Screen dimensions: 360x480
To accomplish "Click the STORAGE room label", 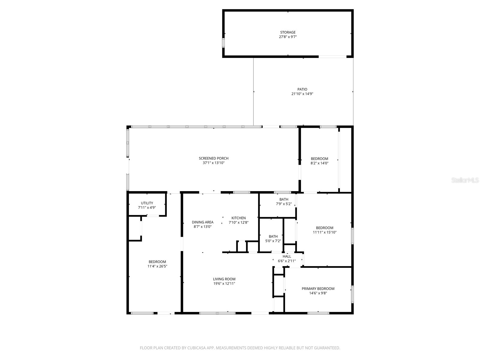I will pyautogui.click(x=288, y=32).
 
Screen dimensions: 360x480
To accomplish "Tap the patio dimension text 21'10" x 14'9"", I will pyautogui.click(x=302, y=94).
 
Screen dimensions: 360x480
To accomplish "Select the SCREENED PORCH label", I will pyautogui.click(x=214, y=158).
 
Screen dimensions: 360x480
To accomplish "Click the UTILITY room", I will pyautogui.click(x=147, y=205).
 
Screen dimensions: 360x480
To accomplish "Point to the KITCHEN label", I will pyautogui.click(x=238, y=218).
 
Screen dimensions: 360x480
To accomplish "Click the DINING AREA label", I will pyautogui.click(x=202, y=222).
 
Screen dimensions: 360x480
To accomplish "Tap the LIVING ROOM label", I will pyautogui.click(x=224, y=279).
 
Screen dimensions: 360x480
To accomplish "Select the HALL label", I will pyautogui.click(x=287, y=256).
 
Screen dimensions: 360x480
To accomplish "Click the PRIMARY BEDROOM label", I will pyautogui.click(x=318, y=289).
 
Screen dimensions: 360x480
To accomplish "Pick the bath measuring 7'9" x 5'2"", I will pyautogui.click(x=284, y=202).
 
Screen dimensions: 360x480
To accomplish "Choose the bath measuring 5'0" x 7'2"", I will pyautogui.click(x=273, y=238).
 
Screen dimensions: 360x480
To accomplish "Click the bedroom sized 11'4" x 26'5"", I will pyautogui.click(x=157, y=264).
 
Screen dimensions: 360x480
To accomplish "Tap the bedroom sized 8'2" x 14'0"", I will pyautogui.click(x=319, y=161).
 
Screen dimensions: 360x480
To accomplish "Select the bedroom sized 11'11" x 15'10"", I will pyautogui.click(x=325, y=230).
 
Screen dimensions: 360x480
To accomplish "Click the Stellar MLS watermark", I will pyautogui.click(x=465, y=180).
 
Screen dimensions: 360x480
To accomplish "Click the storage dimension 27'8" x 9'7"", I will pyautogui.click(x=288, y=37).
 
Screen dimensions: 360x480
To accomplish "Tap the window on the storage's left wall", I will pyautogui.click(x=223, y=43).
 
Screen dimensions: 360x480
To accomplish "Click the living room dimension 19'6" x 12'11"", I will pyautogui.click(x=224, y=283).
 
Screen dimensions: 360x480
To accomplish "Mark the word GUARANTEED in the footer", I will pyautogui.click(x=327, y=348).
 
